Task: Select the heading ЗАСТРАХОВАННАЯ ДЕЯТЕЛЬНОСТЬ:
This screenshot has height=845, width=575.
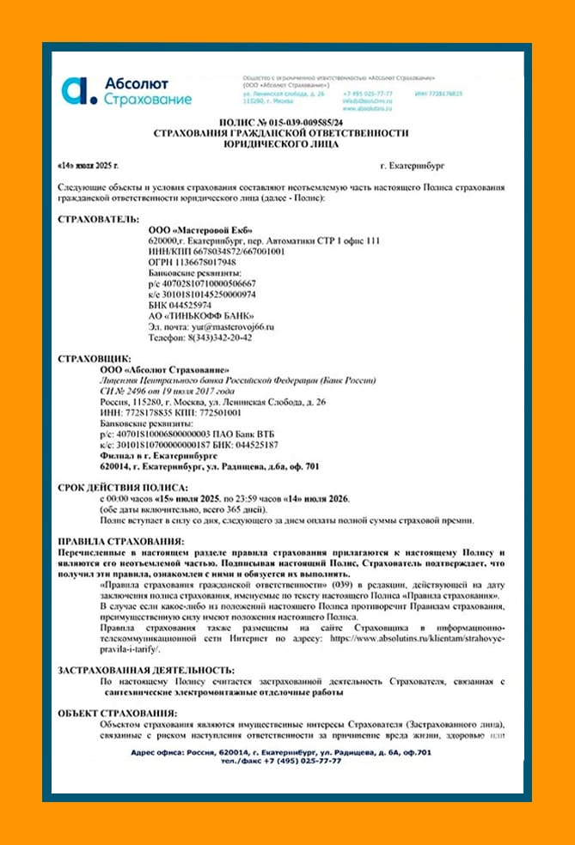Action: coord(145,669)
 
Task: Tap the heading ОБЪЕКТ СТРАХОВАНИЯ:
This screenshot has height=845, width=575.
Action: coord(117,714)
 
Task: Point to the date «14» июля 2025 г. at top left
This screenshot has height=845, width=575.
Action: coord(88,163)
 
